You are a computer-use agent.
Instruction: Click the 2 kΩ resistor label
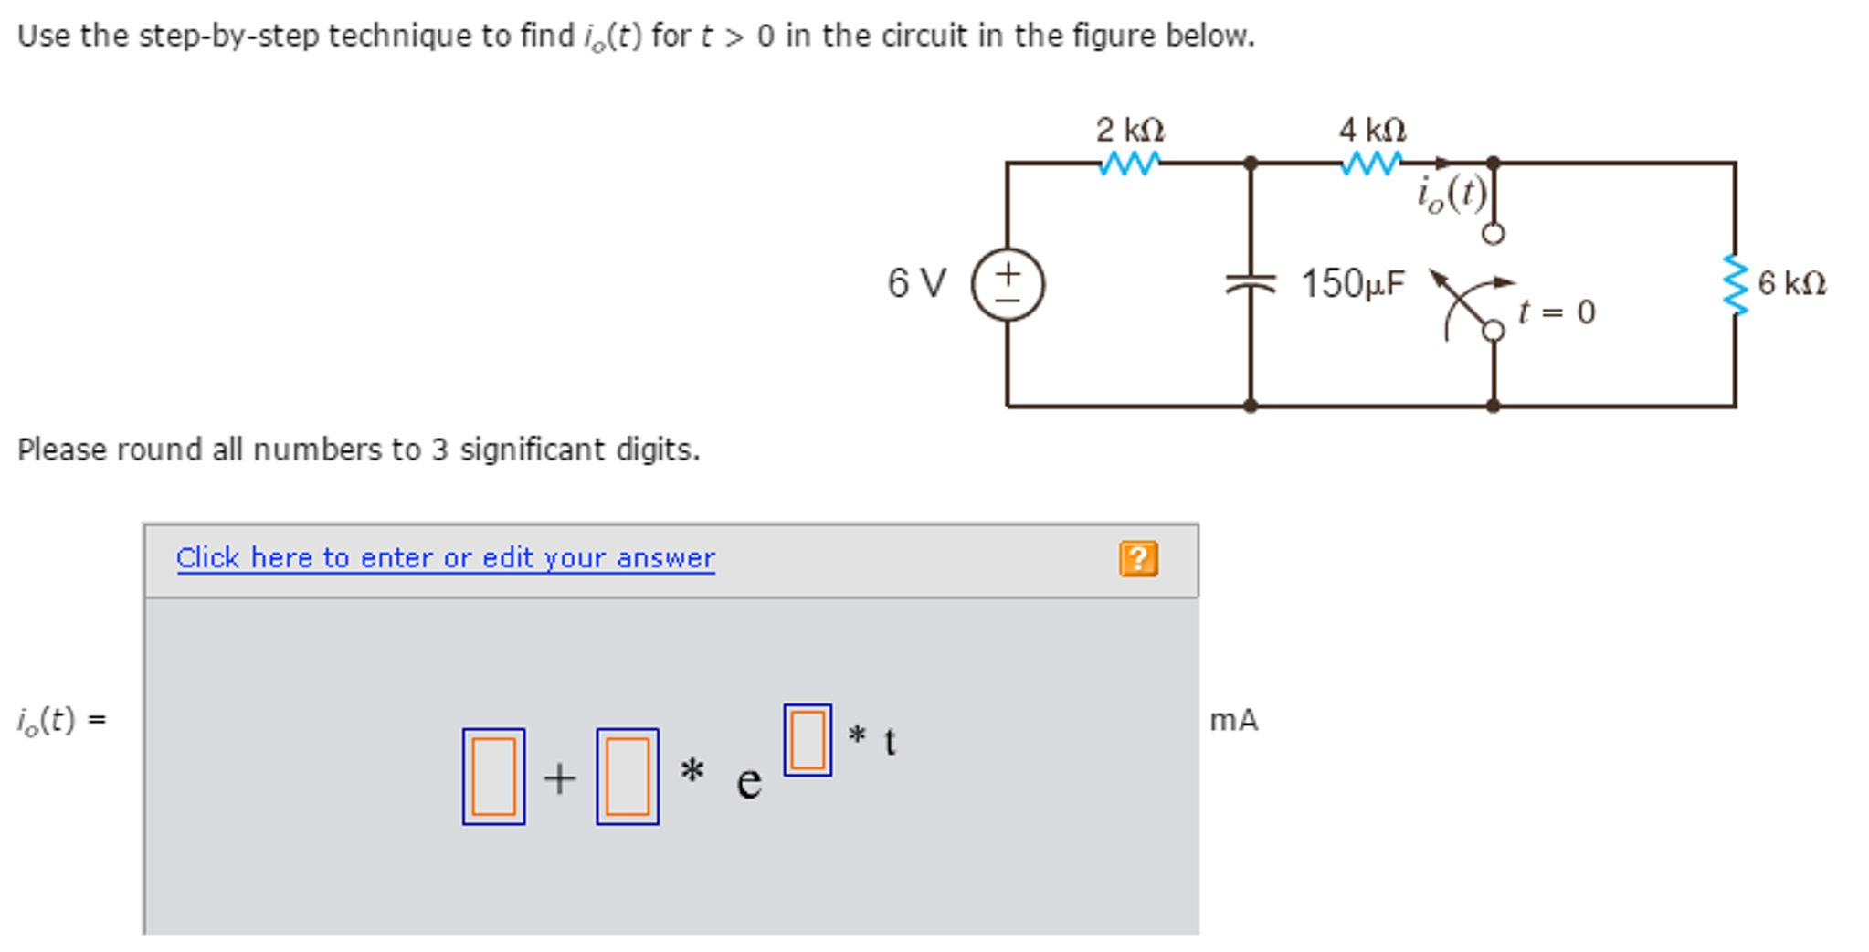[x=1130, y=130]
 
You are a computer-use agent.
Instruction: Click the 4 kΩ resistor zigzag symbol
[x=1371, y=164]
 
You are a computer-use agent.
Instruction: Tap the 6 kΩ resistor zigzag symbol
[x=1734, y=284]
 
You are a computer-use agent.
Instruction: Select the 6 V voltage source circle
[x=1008, y=284]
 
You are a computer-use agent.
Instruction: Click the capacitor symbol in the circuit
[x=1250, y=284]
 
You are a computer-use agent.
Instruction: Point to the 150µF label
[x=1352, y=283]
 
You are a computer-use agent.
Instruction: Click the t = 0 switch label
[x=1557, y=312]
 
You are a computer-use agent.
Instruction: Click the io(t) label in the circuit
[x=1451, y=194]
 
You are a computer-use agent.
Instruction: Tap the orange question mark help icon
[x=1138, y=558]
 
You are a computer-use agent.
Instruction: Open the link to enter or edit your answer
[x=445, y=557]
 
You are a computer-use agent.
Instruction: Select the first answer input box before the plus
[x=493, y=777]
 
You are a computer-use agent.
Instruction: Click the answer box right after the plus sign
[x=628, y=777]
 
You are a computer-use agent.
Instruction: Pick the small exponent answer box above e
[x=808, y=740]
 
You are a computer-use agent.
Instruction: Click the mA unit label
[x=1233, y=720]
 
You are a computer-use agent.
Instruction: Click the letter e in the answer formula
[x=749, y=782]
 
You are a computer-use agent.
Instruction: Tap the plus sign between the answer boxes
[x=560, y=779]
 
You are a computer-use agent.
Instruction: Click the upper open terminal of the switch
[x=1493, y=234]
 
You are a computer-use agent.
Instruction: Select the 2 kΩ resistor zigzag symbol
[x=1129, y=164]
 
